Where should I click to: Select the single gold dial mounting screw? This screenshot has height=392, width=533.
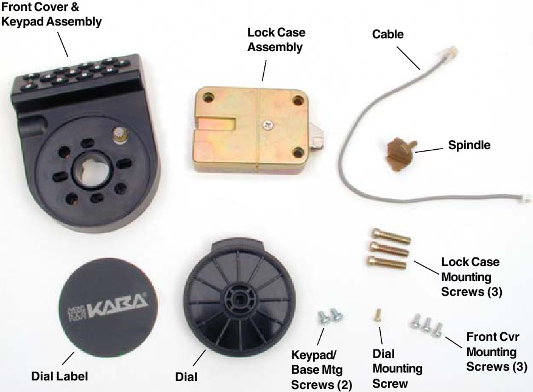(378, 315)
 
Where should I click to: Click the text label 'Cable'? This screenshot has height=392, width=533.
(388, 34)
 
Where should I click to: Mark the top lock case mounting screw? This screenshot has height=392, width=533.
(389, 236)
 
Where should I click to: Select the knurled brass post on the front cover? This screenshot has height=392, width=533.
(119, 136)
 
